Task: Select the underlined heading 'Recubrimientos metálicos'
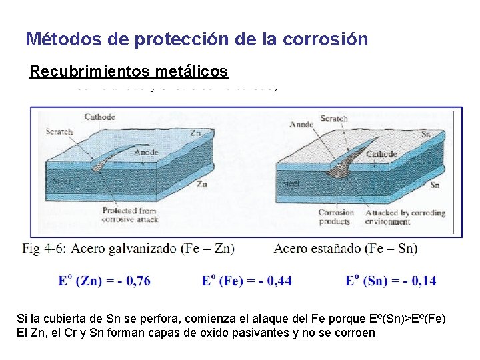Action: pos(129,71)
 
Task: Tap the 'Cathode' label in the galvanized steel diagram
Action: pos(99,117)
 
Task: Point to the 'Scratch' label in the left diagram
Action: pos(59,132)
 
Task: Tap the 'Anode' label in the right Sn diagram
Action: pos(301,124)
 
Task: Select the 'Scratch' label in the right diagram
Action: pos(333,119)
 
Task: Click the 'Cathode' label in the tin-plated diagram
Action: pos(381,154)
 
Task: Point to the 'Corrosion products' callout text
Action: pos(336,217)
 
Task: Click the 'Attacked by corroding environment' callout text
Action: pos(406,217)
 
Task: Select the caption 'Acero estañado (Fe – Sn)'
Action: pos(345,249)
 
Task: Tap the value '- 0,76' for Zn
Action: pos(132,281)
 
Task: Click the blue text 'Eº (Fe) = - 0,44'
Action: pos(246,281)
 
